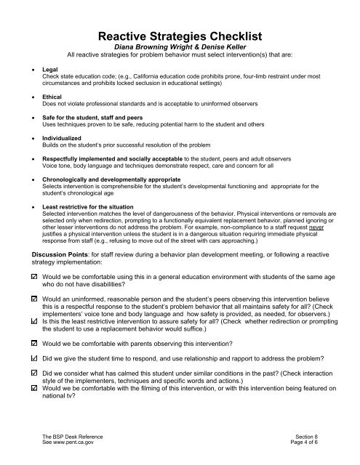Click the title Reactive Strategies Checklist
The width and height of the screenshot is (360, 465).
point(180,37)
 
